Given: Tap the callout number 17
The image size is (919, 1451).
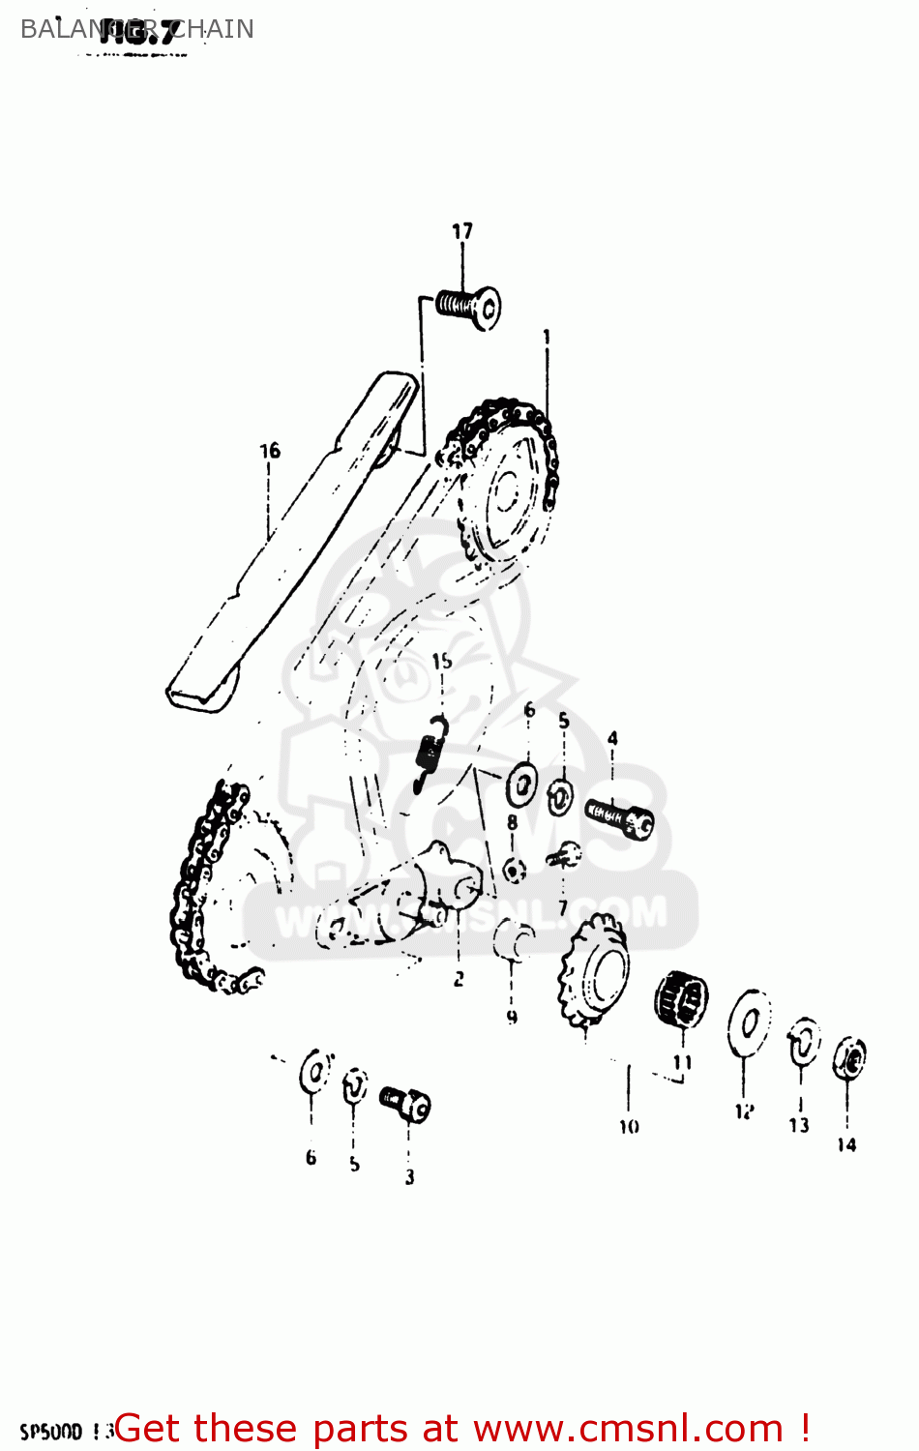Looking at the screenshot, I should tap(462, 231).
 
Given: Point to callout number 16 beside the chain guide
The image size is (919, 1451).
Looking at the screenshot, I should tap(270, 451).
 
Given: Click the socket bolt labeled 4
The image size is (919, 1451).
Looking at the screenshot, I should tap(620, 818).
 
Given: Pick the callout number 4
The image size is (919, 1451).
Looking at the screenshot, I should tap(612, 739).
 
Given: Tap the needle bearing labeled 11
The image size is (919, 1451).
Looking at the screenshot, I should tap(682, 999).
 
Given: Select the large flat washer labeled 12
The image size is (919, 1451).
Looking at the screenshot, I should tap(749, 1022).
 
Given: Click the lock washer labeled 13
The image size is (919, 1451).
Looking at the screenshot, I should tap(803, 1041).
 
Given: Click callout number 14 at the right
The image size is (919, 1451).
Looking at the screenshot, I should tap(846, 1145).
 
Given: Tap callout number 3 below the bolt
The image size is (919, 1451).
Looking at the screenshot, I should tap(409, 1177).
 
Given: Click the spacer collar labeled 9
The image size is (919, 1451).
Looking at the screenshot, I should tap(513, 941).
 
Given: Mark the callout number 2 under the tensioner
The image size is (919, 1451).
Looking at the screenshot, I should tap(459, 979).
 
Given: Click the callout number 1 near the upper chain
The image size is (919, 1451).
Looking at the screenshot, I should tap(547, 337).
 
